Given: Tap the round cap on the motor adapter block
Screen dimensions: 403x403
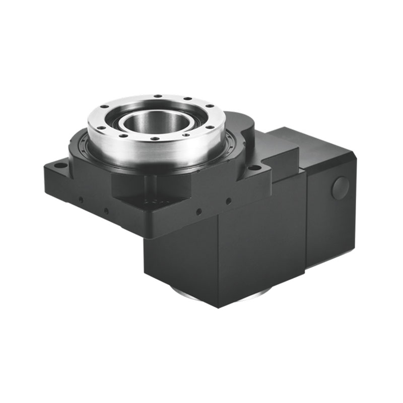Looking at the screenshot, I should coord(340,188).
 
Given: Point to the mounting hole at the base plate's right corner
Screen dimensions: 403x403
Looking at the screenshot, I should coord(255,167).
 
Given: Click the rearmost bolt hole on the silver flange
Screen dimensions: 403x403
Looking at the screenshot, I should coord(158,96).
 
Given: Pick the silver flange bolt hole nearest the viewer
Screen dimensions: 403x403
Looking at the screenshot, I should coord(155,139).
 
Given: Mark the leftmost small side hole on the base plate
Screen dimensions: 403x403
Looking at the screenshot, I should coord(81,199).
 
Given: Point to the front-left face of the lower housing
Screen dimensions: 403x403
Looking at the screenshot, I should coord(181,257).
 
